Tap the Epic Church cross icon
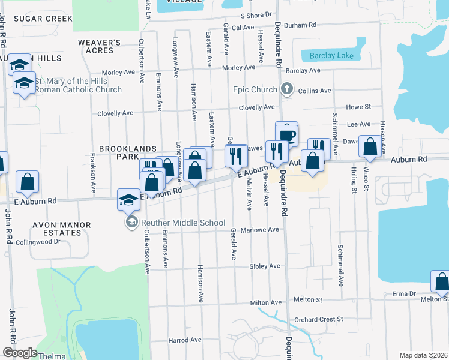click(287, 90)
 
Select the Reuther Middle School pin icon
click(130, 223)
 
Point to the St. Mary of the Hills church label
click(78, 86)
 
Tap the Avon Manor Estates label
click(62, 229)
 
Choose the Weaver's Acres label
click(100, 47)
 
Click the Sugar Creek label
click(43, 19)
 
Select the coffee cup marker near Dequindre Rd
click(287, 134)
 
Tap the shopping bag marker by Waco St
click(370, 146)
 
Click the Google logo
click(20, 352)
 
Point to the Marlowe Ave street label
click(260, 230)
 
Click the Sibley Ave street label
click(265, 266)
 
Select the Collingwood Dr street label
click(38, 242)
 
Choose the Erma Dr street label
click(404, 294)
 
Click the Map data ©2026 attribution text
click(423, 355)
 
